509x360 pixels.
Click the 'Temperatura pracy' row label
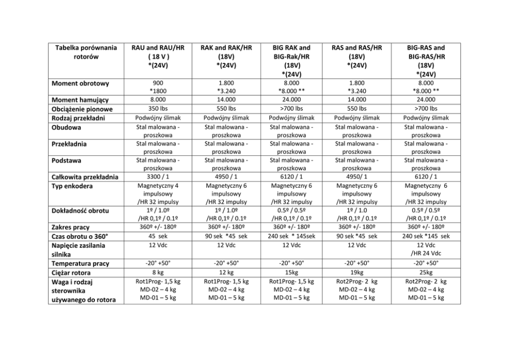click(x=81, y=264)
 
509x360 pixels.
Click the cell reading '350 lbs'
click(x=158, y=109)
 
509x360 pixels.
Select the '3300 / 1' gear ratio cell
click(x=158, y=177)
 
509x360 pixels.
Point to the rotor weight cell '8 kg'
click(x=158, y=272)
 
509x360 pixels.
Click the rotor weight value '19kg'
click(x=357, y=272)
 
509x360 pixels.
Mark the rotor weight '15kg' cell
click(x=291, y=272)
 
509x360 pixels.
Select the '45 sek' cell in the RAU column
click(x=158, y=236)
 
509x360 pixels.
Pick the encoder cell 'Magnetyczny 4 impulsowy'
click(x=158, y=190)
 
